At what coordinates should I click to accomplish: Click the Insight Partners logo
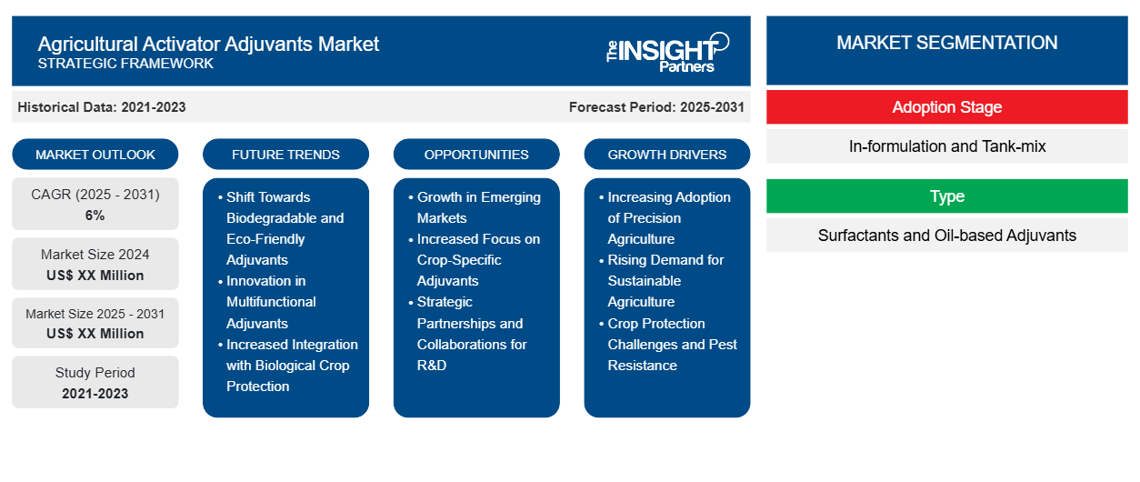tap(668, 51)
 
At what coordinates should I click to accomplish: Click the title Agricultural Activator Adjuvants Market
tap(208, 43)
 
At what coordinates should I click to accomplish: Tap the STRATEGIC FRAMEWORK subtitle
tap(125, 64)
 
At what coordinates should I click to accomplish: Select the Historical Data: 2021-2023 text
tap(102, 107)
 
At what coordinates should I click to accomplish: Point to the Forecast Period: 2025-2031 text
tap(656, 107)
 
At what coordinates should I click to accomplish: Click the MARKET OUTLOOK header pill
tap(95, 155)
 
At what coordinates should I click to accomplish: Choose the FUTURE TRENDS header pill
tap(285, 155)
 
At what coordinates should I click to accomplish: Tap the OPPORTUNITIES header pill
tap(476, 155)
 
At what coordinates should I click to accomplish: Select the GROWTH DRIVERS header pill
tap(667, 155)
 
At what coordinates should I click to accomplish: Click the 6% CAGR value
tap(95, 216)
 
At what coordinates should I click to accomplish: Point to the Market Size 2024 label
tap(95, 255)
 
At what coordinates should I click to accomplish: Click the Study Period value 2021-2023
tap(95, 394)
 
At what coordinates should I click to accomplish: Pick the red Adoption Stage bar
tap(946, 107)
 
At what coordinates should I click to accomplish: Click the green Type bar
tap(946, 196)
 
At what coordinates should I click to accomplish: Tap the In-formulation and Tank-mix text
tap(946, 146)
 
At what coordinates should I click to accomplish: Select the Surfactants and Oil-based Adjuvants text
tap(946, 236)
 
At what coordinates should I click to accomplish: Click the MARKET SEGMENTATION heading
tap(946, 43)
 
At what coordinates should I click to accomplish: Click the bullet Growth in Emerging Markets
tap(478, 207)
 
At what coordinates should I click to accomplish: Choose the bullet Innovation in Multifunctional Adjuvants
tap(271, 302)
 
